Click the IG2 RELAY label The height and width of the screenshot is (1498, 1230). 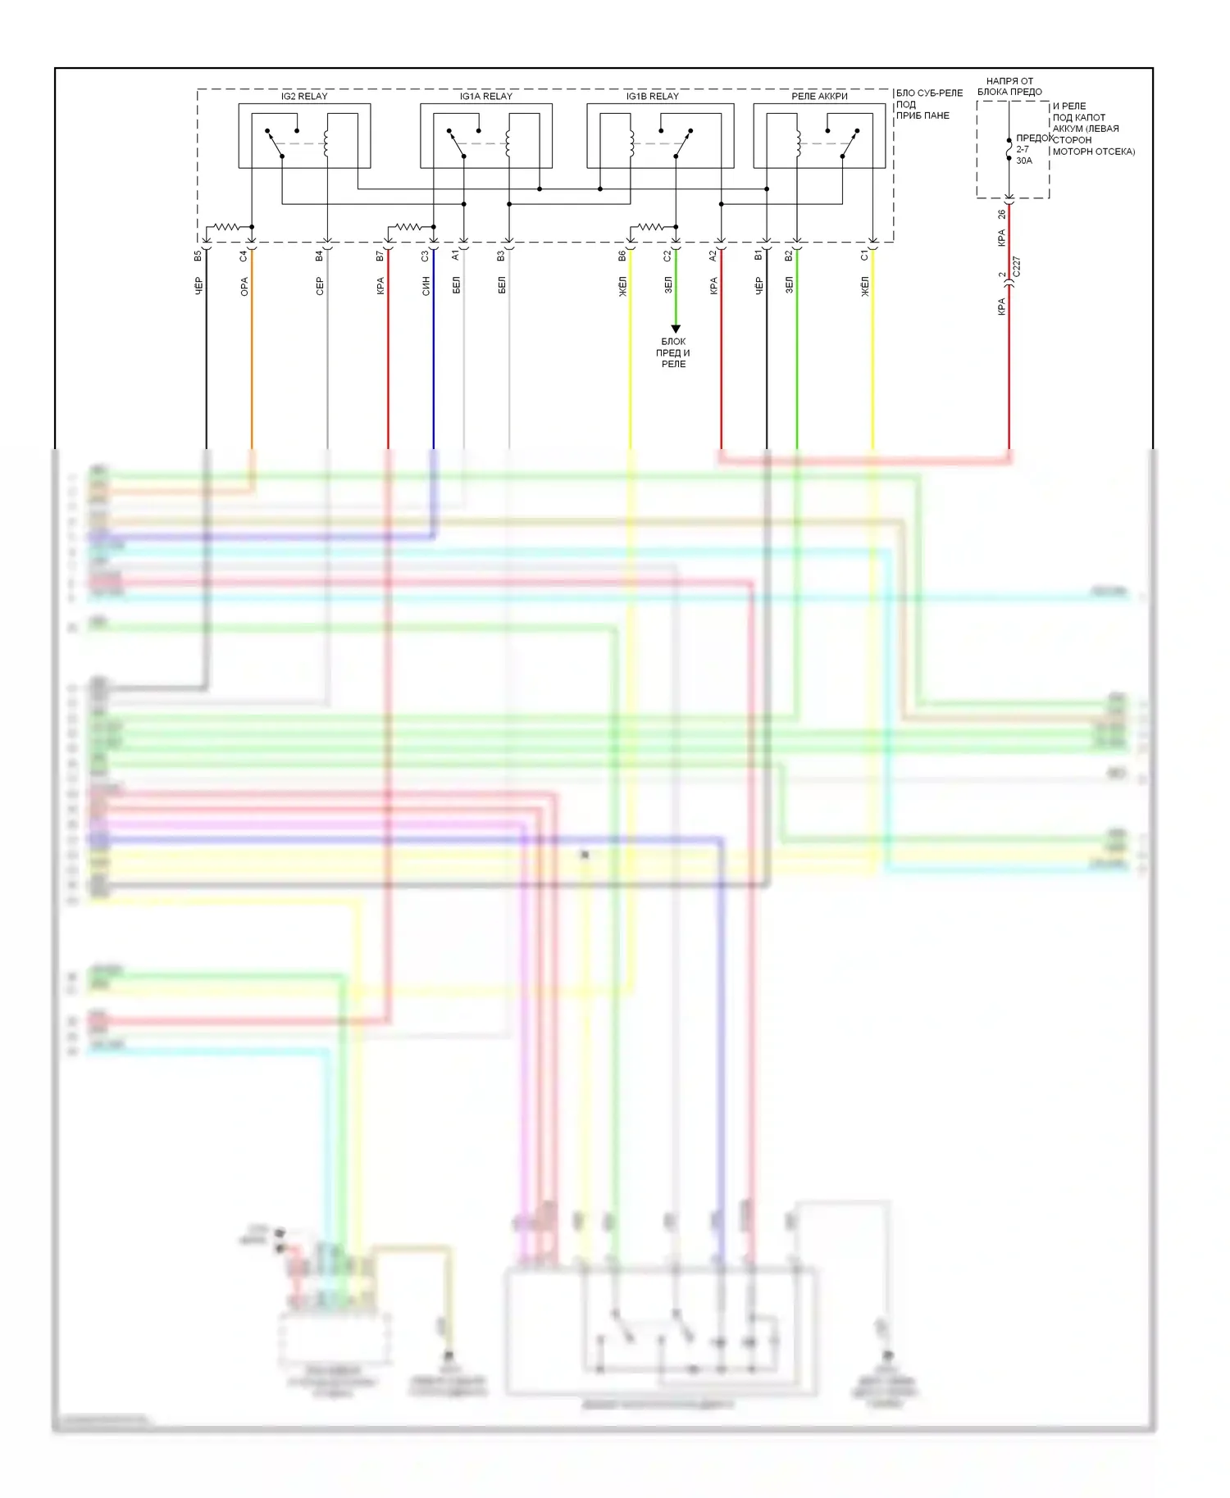pos(304,97)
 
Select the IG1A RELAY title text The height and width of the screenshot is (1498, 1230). pos(485,97)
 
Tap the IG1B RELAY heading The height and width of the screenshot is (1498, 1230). pos(652,97)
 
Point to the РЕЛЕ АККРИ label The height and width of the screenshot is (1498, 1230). pos(819,97)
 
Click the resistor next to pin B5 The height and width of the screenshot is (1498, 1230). pos(226,227)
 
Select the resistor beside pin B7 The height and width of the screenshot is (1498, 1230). pos(408,227)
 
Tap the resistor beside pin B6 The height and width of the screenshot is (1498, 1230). pos(651,227)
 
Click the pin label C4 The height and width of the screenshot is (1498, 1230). pos(244,256)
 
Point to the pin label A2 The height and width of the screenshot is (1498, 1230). pos(713,256)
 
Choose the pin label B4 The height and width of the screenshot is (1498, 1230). pos(319,256)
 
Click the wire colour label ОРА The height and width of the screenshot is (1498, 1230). pos(244,287)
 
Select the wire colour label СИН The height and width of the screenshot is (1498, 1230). pos(426,286)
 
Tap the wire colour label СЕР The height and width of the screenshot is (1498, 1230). pos(319,286)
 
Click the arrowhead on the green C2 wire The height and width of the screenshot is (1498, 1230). pos(676,329)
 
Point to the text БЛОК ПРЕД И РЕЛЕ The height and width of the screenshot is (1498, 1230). pos(673,352)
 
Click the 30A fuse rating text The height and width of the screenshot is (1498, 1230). pos(1024,161)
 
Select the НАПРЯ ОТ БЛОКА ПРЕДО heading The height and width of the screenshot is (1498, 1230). pos(1009,86)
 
